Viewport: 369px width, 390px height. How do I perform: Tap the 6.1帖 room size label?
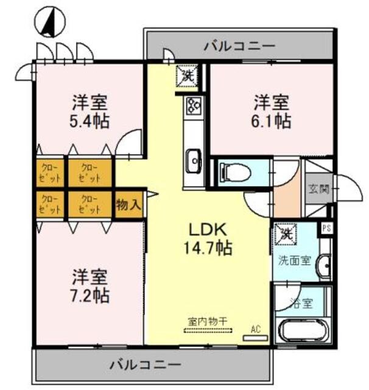coord(272,120)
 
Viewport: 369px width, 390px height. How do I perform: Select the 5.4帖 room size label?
coord(90,120)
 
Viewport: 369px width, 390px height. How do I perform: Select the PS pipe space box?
coord(326,229)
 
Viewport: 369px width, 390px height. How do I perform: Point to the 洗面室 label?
coord(295,260)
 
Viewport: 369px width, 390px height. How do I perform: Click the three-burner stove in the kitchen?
coord(194,107)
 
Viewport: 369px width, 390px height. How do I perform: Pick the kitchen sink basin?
coord(194,161)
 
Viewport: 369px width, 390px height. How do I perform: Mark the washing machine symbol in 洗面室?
coord(284,233)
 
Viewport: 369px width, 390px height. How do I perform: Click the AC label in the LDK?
coord(256,330)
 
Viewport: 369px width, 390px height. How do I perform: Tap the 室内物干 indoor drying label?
coord(208,321)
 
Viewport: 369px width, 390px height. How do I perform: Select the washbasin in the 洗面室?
coord(326,266)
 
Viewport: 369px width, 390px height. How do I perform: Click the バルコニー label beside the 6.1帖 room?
coord(239,45)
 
